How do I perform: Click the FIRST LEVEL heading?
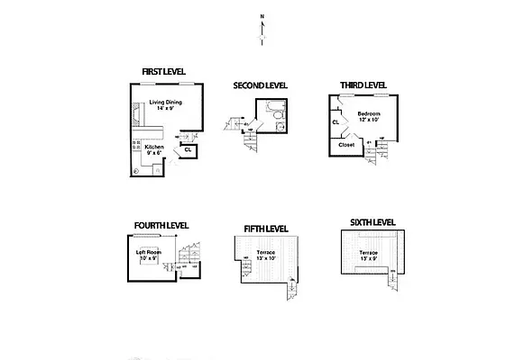(x=163, y=72)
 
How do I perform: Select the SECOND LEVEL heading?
(x=260, y=85)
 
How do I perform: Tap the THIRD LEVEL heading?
(x=363, y=85)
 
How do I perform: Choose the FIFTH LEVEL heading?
(x=266, y=229)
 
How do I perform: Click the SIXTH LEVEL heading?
(x=372, y=221)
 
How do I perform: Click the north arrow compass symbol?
(x=262, y=28)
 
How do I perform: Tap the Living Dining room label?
(x=167, y=105)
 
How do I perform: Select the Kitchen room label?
(x=154, y=149)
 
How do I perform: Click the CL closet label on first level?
(x=188, y=149)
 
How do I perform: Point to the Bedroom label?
(x=369, y=115)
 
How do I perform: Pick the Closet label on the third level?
(x=346, y=144)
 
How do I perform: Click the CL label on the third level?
(x=336, y=121)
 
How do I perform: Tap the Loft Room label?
(x=148, y=256)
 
